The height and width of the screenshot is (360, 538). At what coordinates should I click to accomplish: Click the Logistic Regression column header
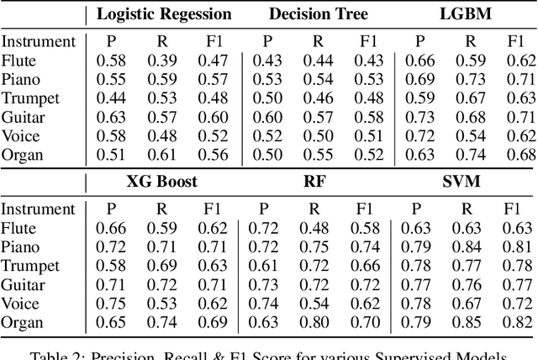[163, 14]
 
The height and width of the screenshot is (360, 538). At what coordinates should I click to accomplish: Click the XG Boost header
[161, 183]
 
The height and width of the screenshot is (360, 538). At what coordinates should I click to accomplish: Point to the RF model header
[314, 183]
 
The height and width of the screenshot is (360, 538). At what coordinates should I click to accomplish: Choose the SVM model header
[465, 183]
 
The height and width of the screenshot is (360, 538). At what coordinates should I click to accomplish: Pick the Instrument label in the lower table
[38, 209]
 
